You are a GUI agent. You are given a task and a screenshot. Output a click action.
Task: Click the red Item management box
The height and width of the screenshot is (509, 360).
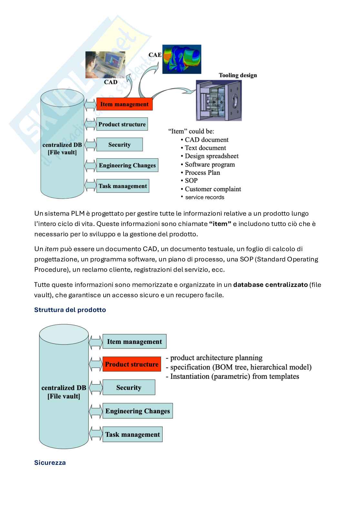(x=124, y=104)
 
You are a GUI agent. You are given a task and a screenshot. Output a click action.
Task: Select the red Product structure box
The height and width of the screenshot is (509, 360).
(x=132, y=364)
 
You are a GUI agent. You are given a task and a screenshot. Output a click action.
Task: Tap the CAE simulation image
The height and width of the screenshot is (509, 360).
(x=182, y=59)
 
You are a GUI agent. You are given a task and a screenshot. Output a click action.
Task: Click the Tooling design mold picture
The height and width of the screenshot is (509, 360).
(x=219, y=100)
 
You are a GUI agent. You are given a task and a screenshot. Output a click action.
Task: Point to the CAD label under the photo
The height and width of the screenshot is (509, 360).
(x=111, y=82)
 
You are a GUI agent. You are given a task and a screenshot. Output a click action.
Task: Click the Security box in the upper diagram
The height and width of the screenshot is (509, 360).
(x=119, y=145)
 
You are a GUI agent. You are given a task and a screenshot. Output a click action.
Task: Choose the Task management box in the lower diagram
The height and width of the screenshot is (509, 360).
(x=132, y=435)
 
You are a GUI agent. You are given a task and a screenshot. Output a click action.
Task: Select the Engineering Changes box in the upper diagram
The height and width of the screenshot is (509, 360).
(x=127, y=165)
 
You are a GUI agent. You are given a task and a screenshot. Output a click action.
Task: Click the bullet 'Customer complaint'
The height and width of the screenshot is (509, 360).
(x=213, y=189)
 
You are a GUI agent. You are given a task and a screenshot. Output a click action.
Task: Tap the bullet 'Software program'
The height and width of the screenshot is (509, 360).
(x=210, y=164)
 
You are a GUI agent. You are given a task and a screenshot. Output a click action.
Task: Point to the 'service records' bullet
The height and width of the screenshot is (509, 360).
(x=205, y=197)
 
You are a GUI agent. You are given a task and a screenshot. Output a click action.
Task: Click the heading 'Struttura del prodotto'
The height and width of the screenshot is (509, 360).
(x=70, y=310)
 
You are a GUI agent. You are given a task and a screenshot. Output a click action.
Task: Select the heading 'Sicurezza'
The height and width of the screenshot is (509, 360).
(x=50, y=463)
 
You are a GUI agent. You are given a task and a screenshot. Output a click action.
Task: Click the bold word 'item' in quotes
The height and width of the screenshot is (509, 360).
(x=220, y=224)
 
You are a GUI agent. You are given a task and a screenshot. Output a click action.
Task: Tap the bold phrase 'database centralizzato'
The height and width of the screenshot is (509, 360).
(x=270, y=285)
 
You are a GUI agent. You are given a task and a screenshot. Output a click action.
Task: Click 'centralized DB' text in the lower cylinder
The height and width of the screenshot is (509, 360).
(x=64, y=388)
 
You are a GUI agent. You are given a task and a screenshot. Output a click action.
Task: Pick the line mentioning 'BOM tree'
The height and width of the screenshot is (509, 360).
(x=241, y=367)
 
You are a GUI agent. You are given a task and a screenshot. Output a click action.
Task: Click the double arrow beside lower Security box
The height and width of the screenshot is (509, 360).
(x=95, y=387)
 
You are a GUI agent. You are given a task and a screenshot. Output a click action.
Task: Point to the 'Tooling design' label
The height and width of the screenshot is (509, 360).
(x=238, y=75)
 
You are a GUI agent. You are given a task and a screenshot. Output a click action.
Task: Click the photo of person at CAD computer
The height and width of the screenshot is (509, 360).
(x=105, y=65)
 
